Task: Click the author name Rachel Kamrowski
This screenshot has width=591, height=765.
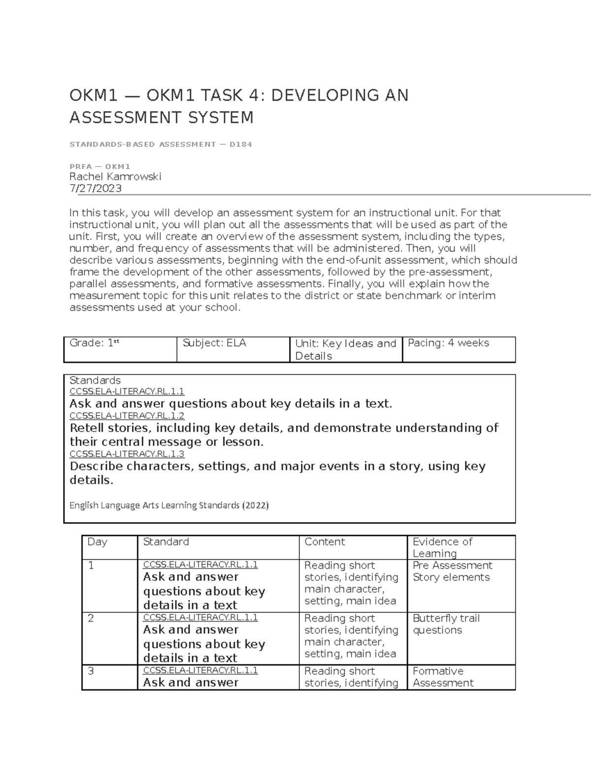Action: coord(115,176)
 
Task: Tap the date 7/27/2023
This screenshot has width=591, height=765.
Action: coord(96,188)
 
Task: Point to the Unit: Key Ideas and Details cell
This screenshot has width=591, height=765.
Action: coord(345,350)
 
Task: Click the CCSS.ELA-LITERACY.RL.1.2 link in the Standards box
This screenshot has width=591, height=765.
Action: coord(127,416)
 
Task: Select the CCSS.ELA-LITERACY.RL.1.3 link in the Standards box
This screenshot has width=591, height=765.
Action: coord(127,454)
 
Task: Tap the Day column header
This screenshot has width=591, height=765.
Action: coord(97,542)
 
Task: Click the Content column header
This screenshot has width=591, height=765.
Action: coord(325,542)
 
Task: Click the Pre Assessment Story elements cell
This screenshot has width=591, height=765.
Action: coord(452,571)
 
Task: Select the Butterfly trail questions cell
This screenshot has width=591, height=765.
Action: coord(446,624)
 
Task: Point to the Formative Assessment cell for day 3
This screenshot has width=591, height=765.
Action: coord(443,677)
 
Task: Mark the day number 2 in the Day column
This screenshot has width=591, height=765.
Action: coord(91,618)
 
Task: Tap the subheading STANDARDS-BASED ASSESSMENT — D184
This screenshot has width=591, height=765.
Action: coord(161,144)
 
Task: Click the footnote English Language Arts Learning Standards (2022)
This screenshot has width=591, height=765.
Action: coord(169,505)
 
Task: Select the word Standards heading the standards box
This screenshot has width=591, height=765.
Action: coord(95,380)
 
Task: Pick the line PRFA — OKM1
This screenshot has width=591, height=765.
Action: coord(100,166)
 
